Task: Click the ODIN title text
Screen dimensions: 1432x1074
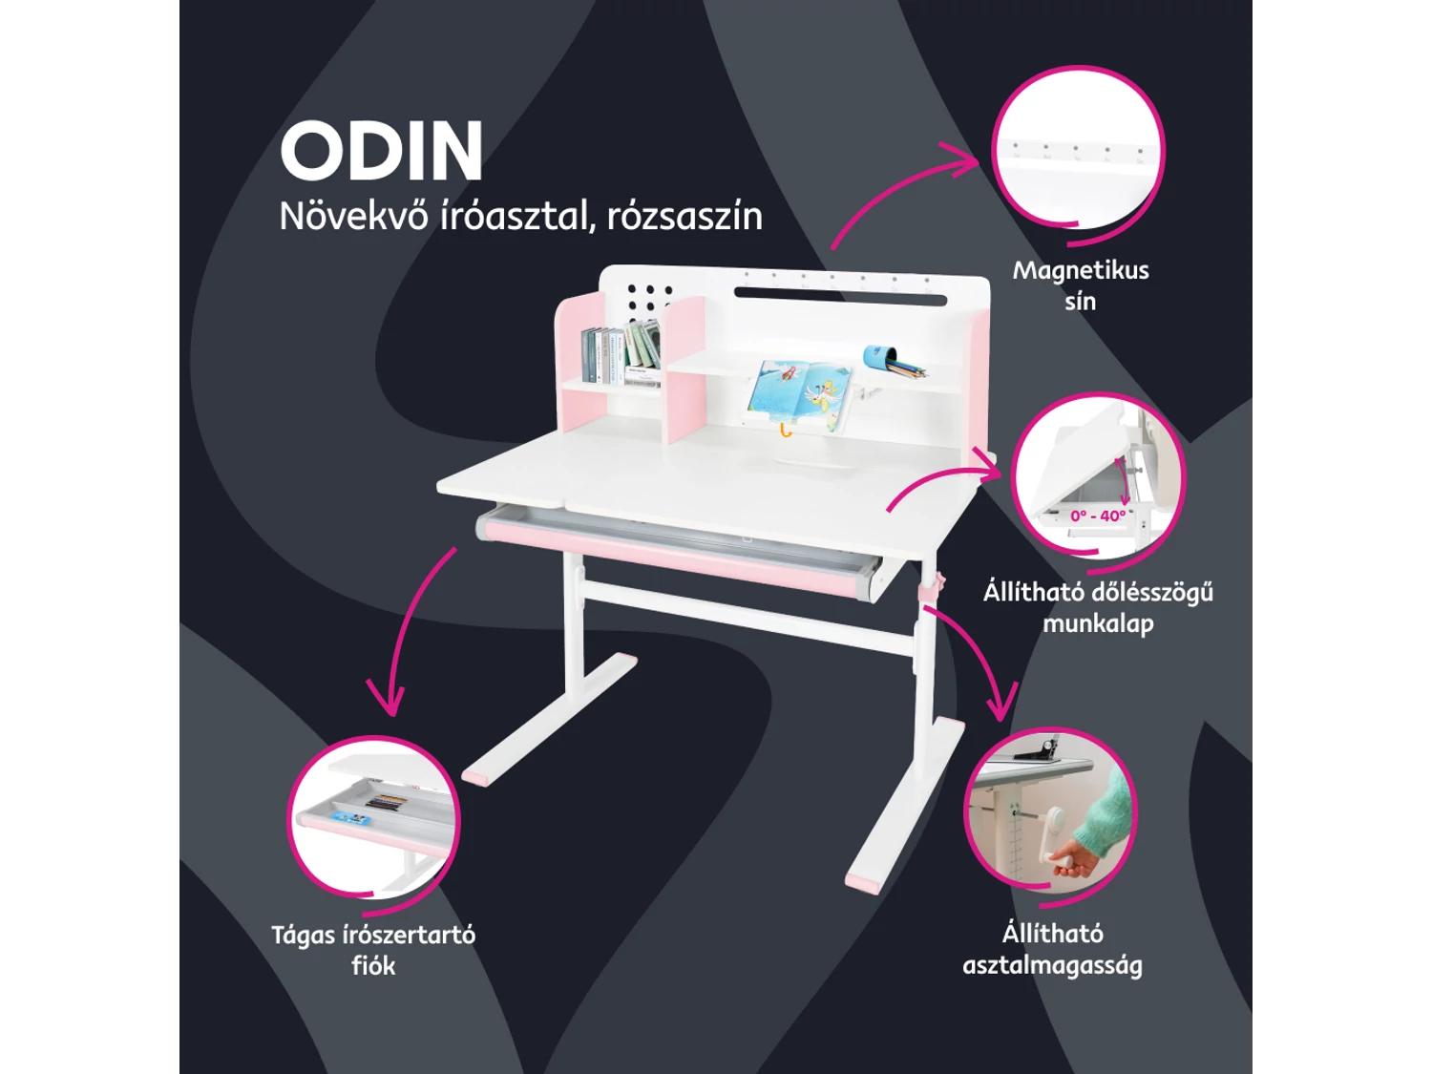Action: pyautogui.click(x=382, y=151)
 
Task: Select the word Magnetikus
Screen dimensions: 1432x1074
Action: pyautogui.click(x=1081, y=270)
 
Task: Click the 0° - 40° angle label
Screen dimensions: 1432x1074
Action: pyautogui.click(x=1098, y=516)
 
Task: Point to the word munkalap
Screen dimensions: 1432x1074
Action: pyautogui.click(x=1098, y=622)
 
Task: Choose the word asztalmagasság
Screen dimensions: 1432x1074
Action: pyautogui.click(x=1052, y=966)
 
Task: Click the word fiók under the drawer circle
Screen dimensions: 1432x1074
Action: pyautogui.click(x=373, y=965)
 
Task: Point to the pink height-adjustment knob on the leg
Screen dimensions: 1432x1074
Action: pyautogui.click(x=935, y=583)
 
